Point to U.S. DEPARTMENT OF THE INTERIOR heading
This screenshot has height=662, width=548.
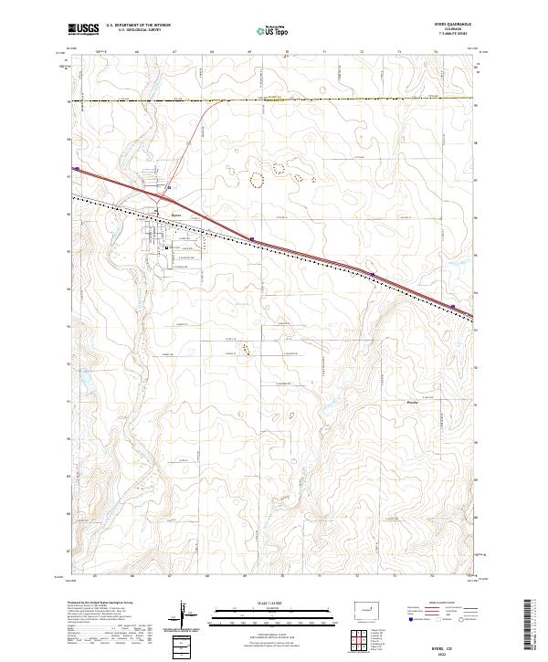tap(138, 26)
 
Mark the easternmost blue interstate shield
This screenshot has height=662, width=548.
tap(453, 307)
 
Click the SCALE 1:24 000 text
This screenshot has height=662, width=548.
tap(274, 604)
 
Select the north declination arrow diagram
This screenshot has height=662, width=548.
tap(183, 614)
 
